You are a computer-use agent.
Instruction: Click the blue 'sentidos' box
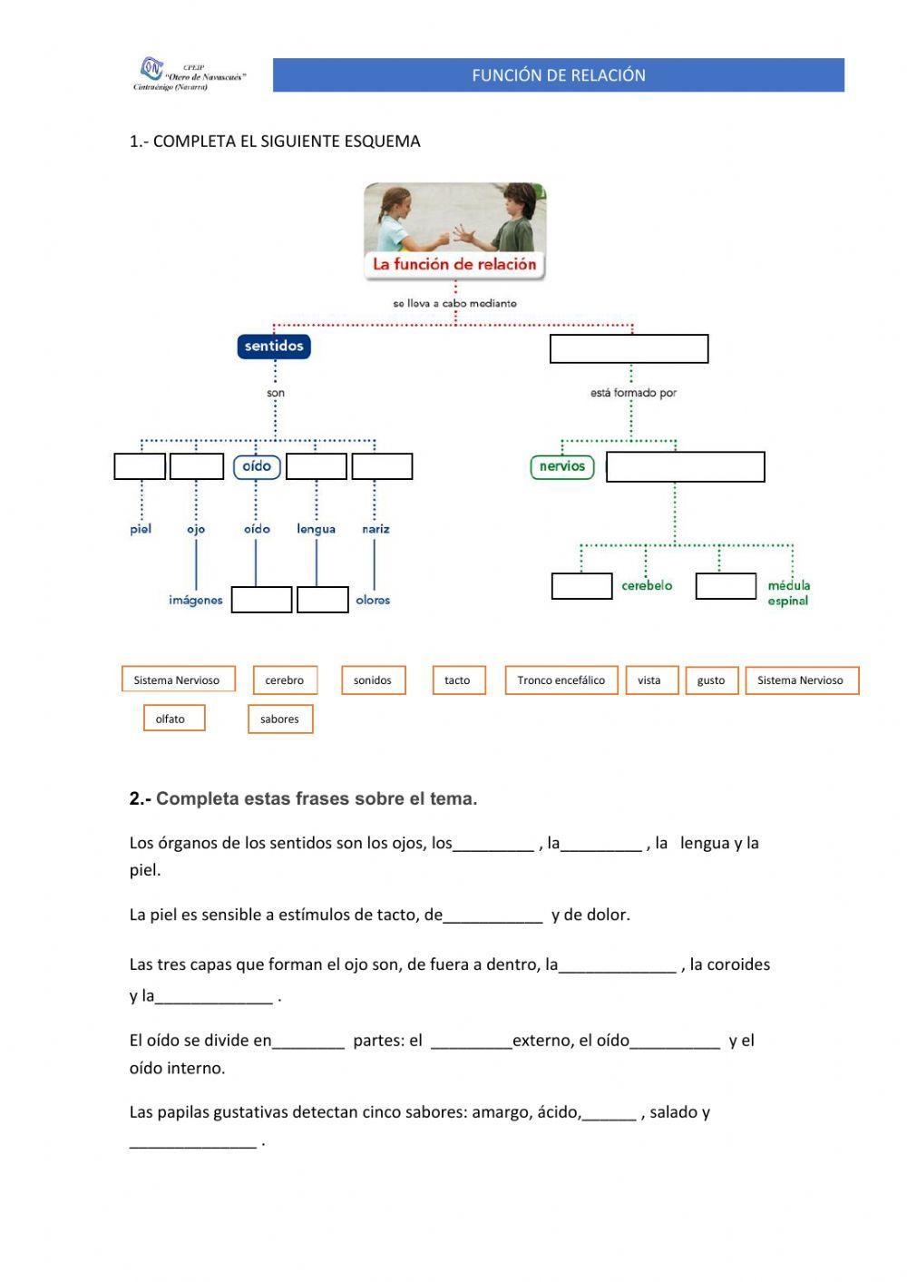[274, 346]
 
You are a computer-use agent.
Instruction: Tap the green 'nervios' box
[561, 466]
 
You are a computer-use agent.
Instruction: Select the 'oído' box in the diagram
[257, 466]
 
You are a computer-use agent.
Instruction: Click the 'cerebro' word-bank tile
[284, 680]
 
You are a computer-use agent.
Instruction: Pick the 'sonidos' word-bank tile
[373, 680]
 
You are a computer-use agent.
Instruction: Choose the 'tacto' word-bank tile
[458, 680]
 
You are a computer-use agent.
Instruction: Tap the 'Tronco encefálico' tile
[561, 680]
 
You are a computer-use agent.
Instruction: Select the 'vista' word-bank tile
[649, 680]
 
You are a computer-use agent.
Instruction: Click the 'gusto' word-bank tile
[711, 680]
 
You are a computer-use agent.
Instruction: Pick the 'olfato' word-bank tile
[171, 719]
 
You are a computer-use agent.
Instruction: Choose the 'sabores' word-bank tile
[279, 719]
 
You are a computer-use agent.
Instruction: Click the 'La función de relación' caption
[455, 265]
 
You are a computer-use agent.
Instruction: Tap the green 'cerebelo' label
[647, 586]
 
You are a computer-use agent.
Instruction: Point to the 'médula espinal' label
[788, 593]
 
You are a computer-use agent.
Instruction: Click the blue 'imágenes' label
[195, 601]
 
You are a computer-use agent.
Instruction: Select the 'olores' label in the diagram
[373, 601]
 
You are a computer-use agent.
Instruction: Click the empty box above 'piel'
[140, 466]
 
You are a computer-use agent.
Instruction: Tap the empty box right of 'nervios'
[685, 467]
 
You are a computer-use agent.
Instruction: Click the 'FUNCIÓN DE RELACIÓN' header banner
[558, 75]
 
